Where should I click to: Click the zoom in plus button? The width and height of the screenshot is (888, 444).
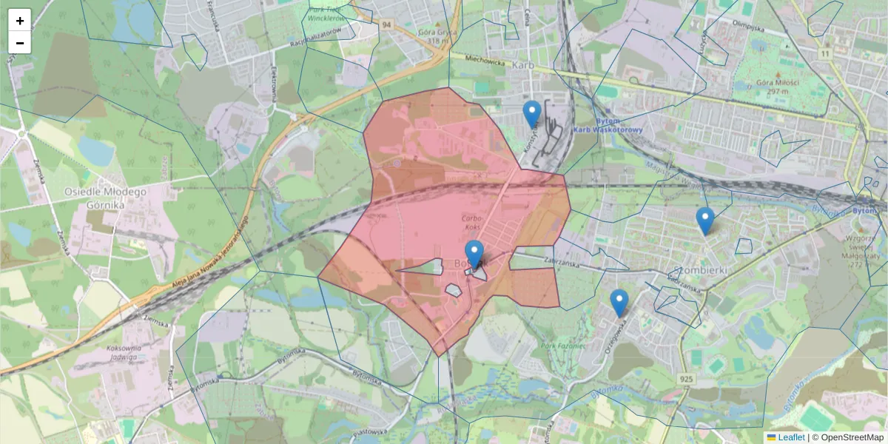(x=20, y=21)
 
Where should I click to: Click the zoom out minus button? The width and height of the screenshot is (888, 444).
(x=20, y=43)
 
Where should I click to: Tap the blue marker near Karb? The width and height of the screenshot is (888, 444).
(x=531, y=114)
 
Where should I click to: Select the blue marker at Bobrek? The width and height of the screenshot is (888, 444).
(x=474, y=254)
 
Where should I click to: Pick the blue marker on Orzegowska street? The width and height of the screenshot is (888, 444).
(x=619, y=303)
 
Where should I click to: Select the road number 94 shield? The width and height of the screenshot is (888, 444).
(x=386, y=24)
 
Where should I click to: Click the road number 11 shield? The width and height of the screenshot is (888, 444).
(x=825, y=53)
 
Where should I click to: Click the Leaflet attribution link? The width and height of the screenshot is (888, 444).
(x=791, y=437)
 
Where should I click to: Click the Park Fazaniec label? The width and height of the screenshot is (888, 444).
(x=563, y=346)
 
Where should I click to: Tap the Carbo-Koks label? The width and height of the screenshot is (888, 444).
(x=472, y=223)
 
